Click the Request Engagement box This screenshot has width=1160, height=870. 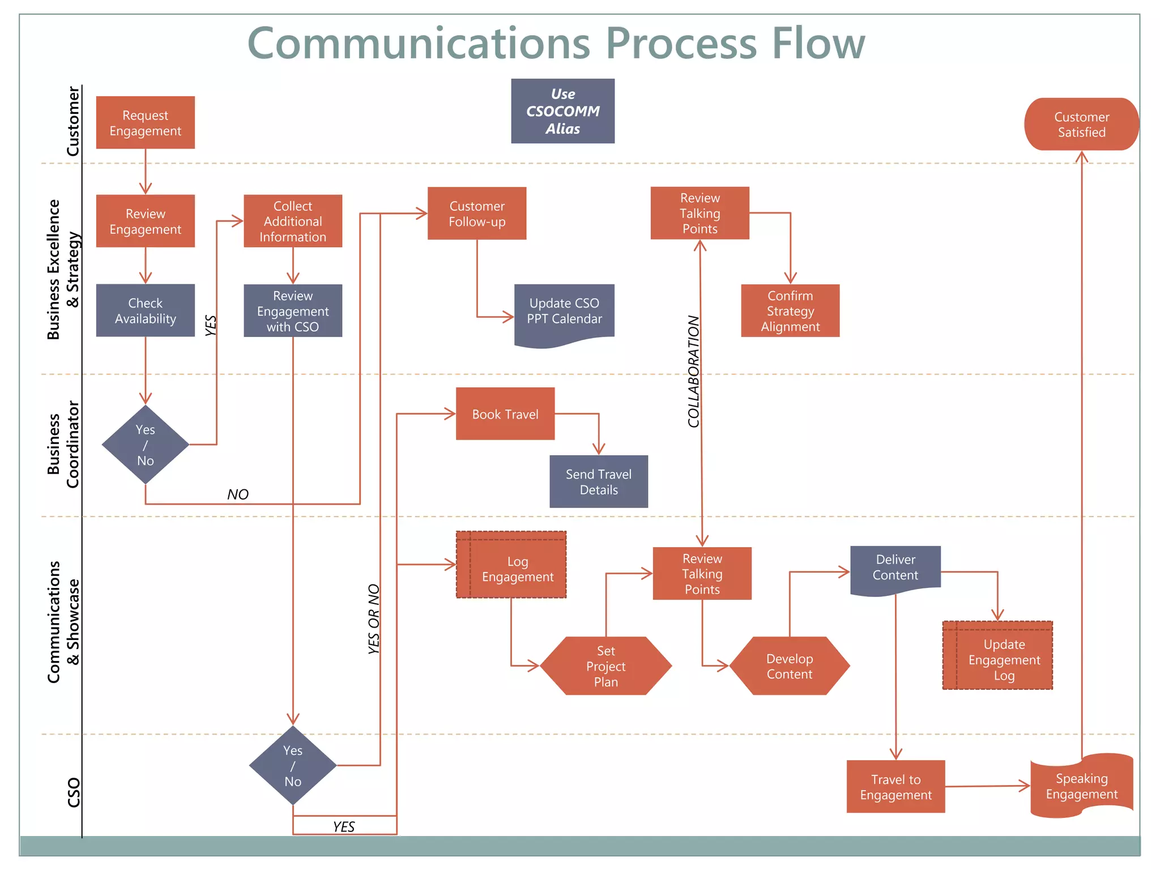click(145, 123)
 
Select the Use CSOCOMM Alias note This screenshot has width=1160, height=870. click(562, 111)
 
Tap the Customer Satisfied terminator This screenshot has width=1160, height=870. click(1081, 124)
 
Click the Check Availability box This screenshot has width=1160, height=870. click(145, 310)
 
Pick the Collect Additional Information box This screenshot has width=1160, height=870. click(293, 221)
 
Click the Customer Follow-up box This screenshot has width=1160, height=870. click(477, 214)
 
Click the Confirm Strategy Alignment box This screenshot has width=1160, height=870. click(790, 311)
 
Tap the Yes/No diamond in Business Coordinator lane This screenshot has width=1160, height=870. click(145, 445)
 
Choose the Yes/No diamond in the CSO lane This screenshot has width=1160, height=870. click(293, 765)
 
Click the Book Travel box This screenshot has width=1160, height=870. click(505, 414)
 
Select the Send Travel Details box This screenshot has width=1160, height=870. click(599, 481)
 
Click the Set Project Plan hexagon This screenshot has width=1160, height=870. click(605, 666)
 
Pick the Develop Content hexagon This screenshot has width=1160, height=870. click(789, 666)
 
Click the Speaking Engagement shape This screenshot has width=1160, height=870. click(1081, 786)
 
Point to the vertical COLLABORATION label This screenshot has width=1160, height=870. click(693, 371)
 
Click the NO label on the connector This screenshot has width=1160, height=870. click(238, 494)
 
